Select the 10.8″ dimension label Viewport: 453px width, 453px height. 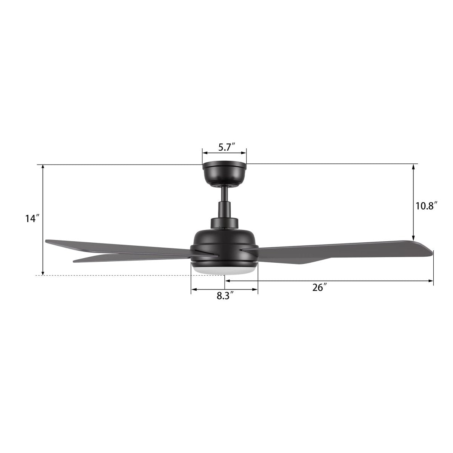pyautogui.click(x=426, y=206)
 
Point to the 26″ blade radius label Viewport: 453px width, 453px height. pyautogui.click(x=319, y=288)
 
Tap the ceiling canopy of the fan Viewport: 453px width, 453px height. pyautogui.click(x=224, y=174)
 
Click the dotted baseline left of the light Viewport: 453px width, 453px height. pyautogui.click(x=113, y=276)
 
